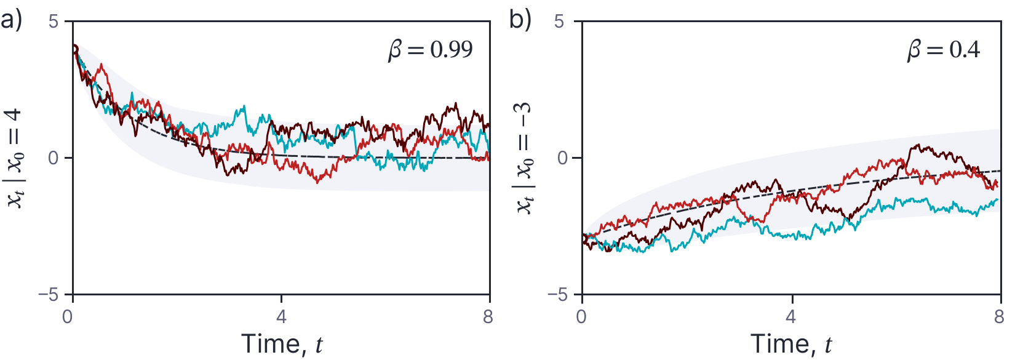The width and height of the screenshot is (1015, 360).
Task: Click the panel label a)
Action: coord(11,20)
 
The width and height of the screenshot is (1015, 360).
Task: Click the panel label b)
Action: coord(520,20)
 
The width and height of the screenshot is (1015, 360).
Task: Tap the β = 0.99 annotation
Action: coord(431,50)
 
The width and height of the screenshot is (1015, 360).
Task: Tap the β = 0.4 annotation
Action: coord(944,50)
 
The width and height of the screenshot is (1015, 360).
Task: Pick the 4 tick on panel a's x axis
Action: coord(281,317)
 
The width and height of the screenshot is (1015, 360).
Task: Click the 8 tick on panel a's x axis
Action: coord(488,317)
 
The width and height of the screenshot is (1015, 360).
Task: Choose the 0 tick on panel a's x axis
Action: coord(67,317)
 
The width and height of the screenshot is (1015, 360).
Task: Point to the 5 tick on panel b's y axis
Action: coord(559,22)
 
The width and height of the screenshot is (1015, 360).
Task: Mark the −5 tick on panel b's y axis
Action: coord(556,295)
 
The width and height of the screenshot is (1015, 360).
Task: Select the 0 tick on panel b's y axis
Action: coord(562,158)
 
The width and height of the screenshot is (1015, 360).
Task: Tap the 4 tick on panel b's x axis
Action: coord(790,317)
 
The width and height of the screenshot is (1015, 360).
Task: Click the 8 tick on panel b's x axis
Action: coord(998,317)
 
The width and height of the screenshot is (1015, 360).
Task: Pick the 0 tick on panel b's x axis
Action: coord(582,317)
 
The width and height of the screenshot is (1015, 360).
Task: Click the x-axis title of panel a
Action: coord(282,344)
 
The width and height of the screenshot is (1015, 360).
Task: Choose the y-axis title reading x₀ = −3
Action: coord(524,159)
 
